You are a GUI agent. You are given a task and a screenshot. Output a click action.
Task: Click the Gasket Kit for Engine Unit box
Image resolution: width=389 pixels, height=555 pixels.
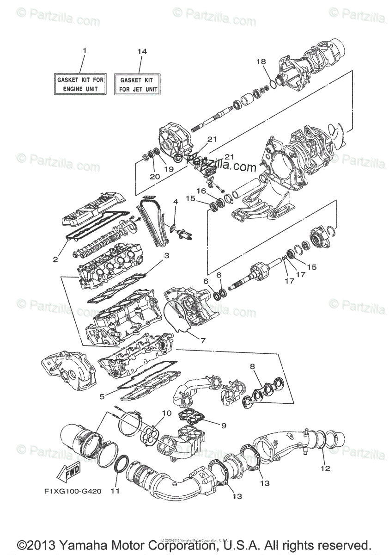(x=81, y=84)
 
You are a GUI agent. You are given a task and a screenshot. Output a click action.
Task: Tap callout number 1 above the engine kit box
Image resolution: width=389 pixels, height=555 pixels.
(x=85, y=50)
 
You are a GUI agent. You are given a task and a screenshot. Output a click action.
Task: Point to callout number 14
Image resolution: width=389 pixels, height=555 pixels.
(x=142, y=51)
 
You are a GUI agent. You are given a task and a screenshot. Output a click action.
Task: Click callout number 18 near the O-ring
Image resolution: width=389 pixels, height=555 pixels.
(x=261, y=62)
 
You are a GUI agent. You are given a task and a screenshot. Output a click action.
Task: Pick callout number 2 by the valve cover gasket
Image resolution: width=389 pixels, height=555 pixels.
(x=55, y=259)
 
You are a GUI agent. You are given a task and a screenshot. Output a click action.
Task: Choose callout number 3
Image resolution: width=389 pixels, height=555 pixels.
(x=167, y=255)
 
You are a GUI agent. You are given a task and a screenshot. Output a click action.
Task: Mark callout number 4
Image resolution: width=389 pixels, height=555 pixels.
(x=176, y=202)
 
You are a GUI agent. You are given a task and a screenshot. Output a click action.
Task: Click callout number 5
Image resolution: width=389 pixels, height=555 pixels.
(x=102, y=396)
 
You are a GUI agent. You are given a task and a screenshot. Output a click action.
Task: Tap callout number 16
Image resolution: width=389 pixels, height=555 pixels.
(x=201, y=191)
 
